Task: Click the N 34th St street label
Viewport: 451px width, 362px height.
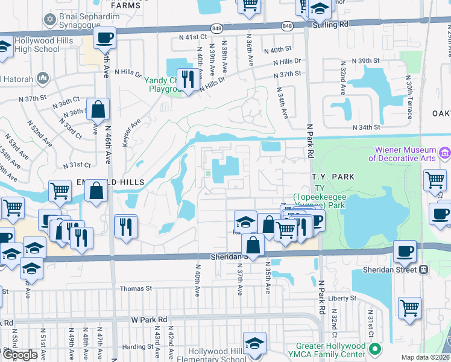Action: (x=367, y=127)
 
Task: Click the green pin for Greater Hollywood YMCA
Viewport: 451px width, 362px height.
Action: (x=375, y=349)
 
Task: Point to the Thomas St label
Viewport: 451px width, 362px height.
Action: (x=136, y=289)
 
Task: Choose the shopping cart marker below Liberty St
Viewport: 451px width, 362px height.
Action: (x=410, y=308)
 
